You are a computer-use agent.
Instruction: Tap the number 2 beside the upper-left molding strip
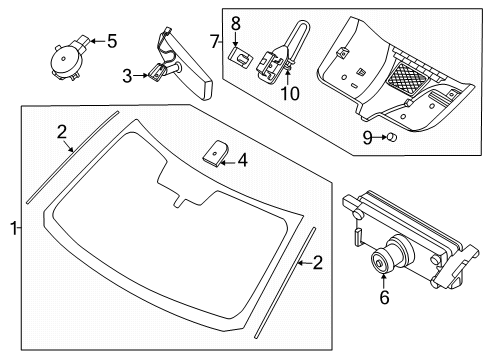click(x=62, y=131)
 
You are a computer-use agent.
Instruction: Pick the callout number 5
click(x=112, y=41)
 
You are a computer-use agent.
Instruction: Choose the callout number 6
click(x=384, y=325)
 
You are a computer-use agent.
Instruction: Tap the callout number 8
click(x=236, y=22)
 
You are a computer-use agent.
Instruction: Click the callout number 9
click(x=367, y=137)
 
